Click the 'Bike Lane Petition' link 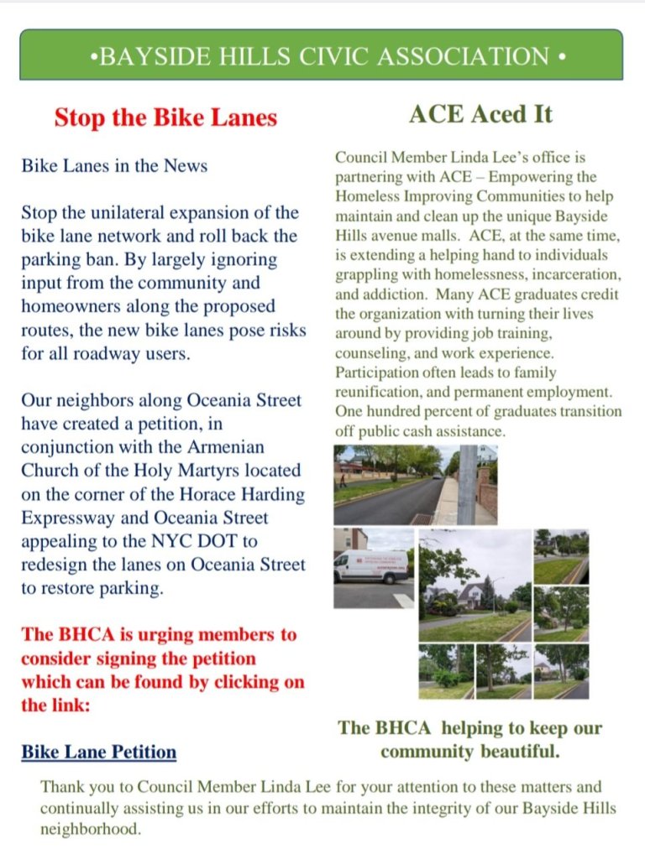pyautogui.click(x=98, y=751)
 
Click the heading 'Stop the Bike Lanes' pyautogui.click(x=165, y=117)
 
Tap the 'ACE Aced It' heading pyautogui.click(x=480, y=114)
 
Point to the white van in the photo pyautogui.click(x=370, y=567)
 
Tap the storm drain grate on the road pyautogui.click(x=422, y=518)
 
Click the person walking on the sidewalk pyautogui.click(x=343, y=480)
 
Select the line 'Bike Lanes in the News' pyautogui.click(x=114, y=166)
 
